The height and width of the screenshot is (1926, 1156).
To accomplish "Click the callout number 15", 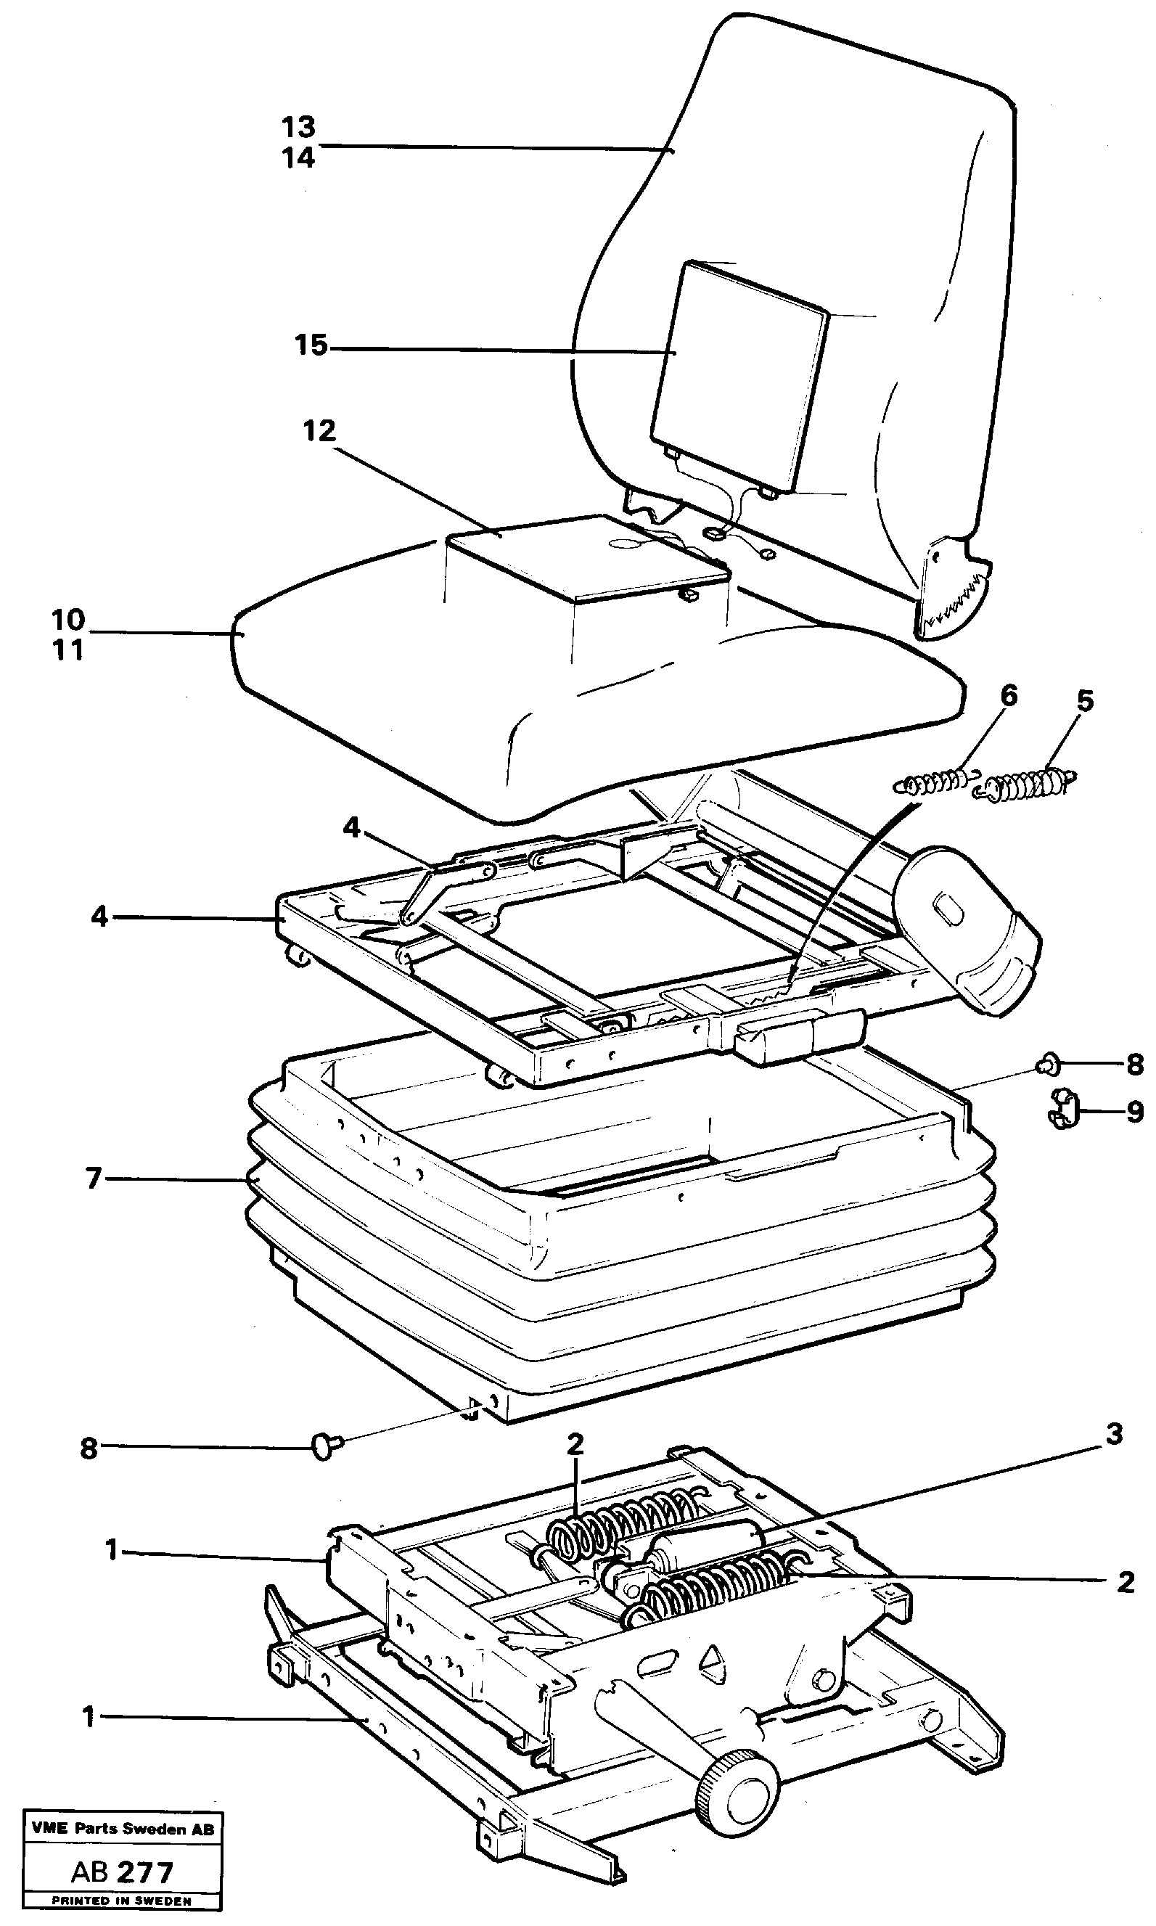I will [x=311, y=344].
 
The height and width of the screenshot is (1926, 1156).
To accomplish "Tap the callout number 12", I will [x=319, y=430].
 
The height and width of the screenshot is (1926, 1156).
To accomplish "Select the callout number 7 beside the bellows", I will [x=94, y=1179].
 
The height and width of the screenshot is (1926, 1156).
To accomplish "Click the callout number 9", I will [x=1135, y=1112].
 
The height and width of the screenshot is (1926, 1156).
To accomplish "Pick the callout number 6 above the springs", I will [x=1009, y=694].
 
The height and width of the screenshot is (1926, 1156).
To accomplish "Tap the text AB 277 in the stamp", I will [x=123, y=1872].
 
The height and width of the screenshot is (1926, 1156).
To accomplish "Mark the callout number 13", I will [x=299, y=126].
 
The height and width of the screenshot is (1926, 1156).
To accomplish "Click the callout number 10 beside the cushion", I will [x=67, y=620].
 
